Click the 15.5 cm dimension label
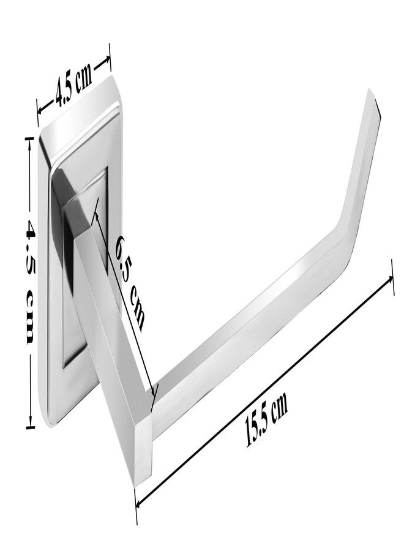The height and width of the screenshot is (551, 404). tap(266, 418)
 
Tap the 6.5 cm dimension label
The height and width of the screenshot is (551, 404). tap(130, 283)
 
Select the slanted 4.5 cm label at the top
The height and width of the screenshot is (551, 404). tap(74, 84)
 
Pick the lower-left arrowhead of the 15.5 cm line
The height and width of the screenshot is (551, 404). tap(140, 503)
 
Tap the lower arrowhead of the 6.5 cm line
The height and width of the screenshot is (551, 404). tap(152, 391)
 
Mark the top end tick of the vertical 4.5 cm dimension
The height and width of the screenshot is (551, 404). tap(30, 139)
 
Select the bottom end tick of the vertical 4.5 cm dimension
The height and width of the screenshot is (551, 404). tap(30, 428)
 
